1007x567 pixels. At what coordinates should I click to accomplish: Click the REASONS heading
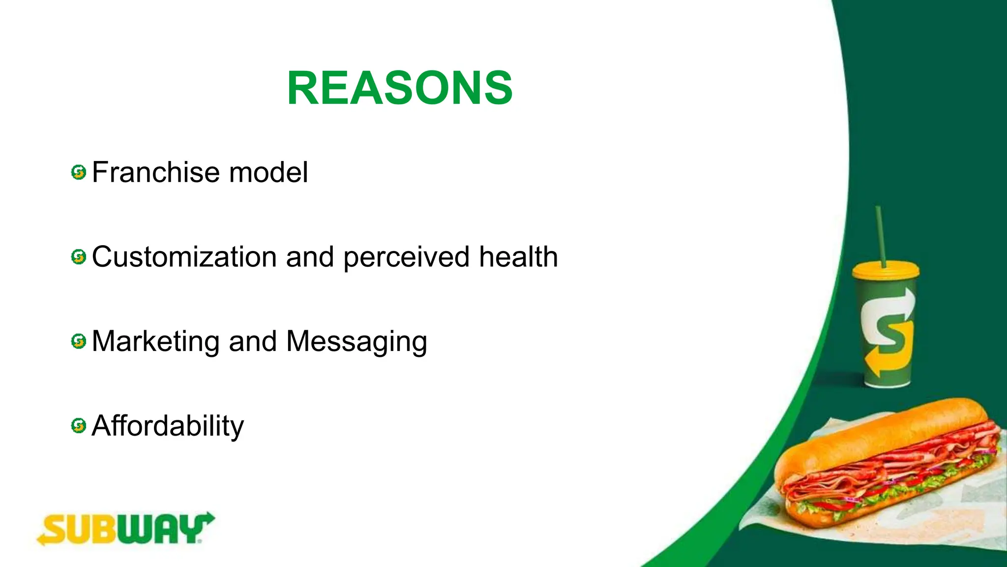400,89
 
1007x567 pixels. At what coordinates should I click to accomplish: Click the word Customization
184,257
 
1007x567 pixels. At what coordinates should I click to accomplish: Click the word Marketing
155,342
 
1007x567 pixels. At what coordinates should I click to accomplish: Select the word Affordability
168,426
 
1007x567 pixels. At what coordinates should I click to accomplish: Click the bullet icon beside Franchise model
79,173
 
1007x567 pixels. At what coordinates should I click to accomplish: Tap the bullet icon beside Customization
79,257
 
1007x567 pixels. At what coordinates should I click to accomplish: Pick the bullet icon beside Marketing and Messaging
79,341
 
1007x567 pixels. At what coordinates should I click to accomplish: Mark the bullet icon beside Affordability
79,426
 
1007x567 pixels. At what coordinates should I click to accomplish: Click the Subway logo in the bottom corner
126,529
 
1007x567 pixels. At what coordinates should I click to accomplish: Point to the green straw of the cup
880,236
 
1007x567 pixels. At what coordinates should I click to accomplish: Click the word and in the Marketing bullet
253,342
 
